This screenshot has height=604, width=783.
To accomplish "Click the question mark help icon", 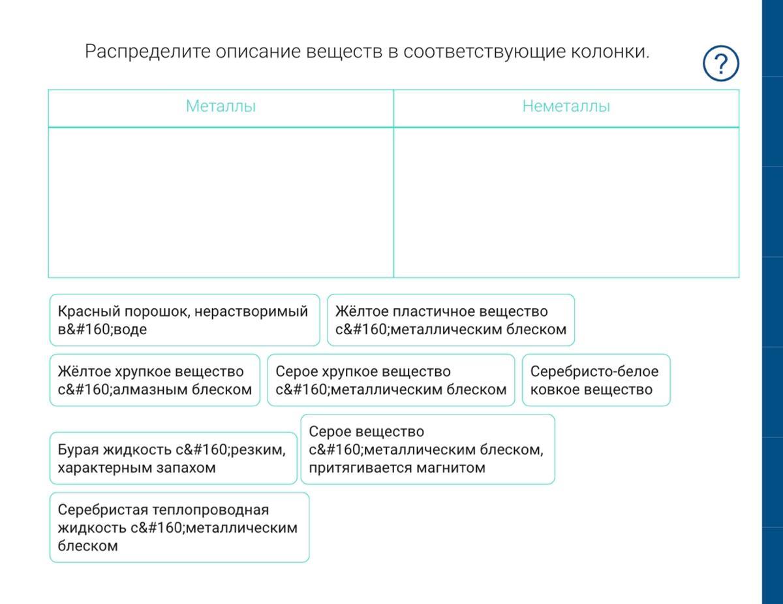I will pyautogui.click(x=720, y=64).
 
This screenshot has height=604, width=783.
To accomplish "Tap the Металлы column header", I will pyautogui.click(x=221, y=106).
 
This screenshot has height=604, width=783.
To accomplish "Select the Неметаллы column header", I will pyautogui.click(x=566, y=106).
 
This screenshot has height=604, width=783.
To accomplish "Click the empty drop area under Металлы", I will pyautogui.click(x=221, y=202).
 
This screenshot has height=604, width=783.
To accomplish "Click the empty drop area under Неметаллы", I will pyautogui.click(x=566, y=202).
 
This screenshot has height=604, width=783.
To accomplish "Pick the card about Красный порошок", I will pyautogui.click(x=185, y=320).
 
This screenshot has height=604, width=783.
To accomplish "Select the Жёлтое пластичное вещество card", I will pyautogui.click(x=451, y=320).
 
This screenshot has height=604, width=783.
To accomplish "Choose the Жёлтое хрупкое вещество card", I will pyautogui.click(x=155, y=380).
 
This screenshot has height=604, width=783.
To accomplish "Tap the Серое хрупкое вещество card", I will pyautogui.click(x=391, y=380).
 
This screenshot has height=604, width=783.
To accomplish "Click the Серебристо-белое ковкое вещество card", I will pyautogui.click(x=596, y=380).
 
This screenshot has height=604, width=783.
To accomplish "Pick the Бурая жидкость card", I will pyautogui.click(x=173, y=458).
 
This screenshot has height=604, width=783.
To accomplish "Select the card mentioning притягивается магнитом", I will pyautogui.click(x=427, y=449).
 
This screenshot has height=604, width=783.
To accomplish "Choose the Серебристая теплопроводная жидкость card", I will pyautogui.click(x=179, y=528).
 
